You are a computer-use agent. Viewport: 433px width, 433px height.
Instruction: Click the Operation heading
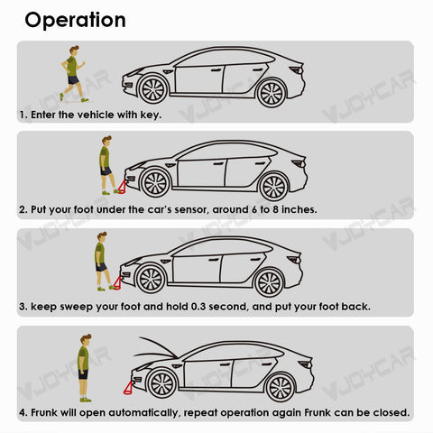[75, 21]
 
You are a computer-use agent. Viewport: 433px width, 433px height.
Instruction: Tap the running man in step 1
[73, 74]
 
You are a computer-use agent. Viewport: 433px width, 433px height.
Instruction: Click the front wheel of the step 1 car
[153, 89]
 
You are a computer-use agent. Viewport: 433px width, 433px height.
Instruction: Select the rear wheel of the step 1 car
[272, 93]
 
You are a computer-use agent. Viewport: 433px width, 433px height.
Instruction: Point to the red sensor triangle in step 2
[122, 187]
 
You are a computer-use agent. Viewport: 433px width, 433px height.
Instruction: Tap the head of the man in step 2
[106, 141]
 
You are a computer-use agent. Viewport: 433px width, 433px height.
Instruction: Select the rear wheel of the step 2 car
[273, 187]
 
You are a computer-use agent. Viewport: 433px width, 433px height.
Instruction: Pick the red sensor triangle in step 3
[117, 283]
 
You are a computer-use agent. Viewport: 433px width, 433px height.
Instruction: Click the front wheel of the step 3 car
[151, 280]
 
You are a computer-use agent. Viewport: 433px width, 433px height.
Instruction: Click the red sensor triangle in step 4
[128, 388]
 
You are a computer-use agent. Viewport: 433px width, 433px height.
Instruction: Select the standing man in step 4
[85, 368]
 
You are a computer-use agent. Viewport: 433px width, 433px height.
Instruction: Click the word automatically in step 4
[143, 413]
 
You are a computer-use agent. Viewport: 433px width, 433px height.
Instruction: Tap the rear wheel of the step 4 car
[281, 387]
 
